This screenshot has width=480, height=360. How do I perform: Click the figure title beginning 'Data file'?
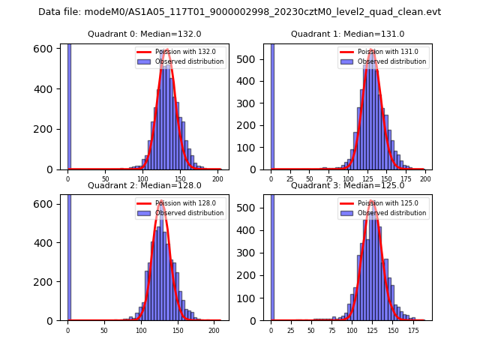(239, 12)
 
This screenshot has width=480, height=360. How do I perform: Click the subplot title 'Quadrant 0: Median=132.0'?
(145, 34)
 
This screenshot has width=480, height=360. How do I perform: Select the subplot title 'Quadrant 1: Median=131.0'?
(347, 34)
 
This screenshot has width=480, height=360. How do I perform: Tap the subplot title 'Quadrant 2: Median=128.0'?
(145, 185)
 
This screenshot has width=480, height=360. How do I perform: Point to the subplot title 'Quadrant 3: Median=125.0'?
(347, 185)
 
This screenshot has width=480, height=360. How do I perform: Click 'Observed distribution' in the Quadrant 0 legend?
(194, 61)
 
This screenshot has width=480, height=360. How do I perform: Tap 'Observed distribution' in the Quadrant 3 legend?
(397, 213)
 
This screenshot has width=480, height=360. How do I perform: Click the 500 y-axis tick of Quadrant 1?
(253, 58)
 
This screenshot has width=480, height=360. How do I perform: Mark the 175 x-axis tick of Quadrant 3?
(412, 329)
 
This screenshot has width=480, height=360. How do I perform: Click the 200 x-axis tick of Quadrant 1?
(425, 178)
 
